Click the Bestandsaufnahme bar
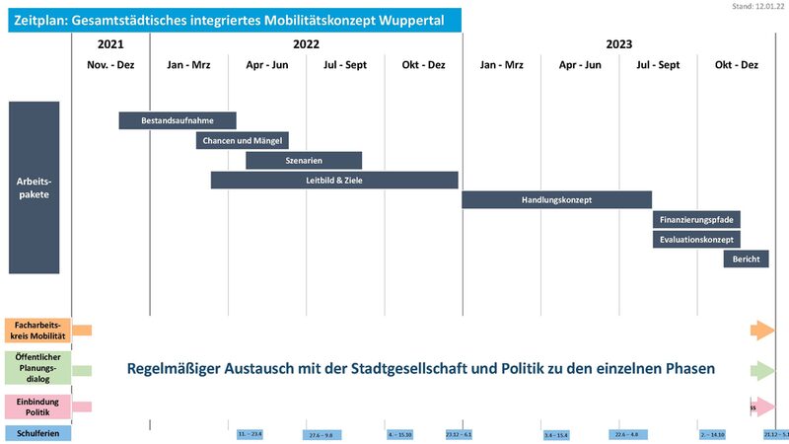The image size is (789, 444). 178,120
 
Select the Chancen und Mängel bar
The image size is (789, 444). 242,140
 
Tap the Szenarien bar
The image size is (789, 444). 304,160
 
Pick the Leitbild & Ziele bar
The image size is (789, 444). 334,180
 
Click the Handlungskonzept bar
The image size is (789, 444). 556,199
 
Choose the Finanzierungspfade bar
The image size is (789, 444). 696,219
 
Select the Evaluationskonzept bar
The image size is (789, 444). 696,239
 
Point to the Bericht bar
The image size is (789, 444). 746,259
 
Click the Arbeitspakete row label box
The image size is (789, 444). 35,187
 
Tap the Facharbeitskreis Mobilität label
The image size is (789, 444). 38,331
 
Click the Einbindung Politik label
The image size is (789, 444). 38,406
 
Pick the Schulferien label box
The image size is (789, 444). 38,432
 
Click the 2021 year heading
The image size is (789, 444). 111,44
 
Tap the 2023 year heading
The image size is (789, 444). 618,44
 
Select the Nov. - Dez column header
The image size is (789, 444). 111,65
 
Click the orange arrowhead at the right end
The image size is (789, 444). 762,331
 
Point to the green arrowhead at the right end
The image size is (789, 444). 762,370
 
